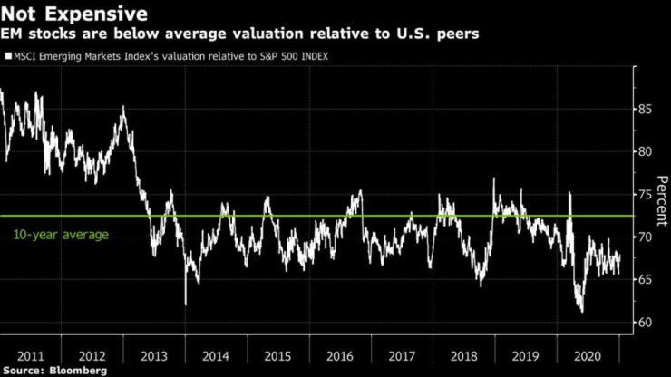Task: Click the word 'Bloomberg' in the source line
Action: pyautogui.click(x=78, y=371)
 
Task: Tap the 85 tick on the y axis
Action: pyautogui.click(x=646, y=109)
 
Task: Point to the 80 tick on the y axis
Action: pyautogui.click(x=646, y=151)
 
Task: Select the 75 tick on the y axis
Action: pyautogui.click(x=646, y=194)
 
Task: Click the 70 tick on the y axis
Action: pyautogui.click(x=646, y=237)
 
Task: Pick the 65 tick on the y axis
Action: pyautogui.click(x=646, y=280)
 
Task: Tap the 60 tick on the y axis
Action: pyautogui.click(x=646, y=323)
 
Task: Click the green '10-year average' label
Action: pyautogui.click(x=61, y=235)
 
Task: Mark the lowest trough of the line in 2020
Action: pyautogui.click(x=580, y=311)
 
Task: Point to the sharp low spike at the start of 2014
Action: pyautogui.click(x=185, y=304)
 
